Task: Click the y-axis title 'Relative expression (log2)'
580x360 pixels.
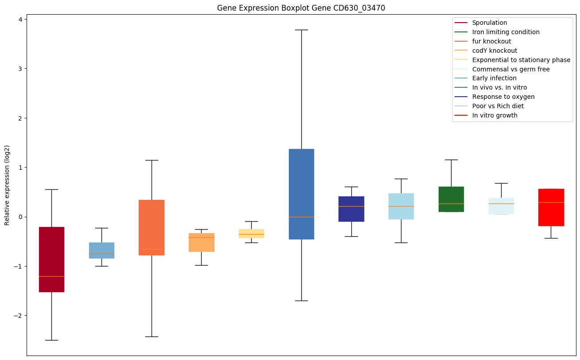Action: pyautogui.click(x=7, y=185)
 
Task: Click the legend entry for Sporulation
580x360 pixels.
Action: pyautogui.click(x=489, y=23)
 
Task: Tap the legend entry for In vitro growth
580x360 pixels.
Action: pyautogui.click(x=494, y=115)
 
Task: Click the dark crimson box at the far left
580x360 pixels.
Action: pyautogui.click(x=51, y=253)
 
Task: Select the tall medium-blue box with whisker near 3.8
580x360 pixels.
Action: pyautogui.click(x=301, y=186)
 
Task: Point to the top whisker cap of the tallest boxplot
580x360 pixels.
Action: pyautogui.click(x=301, y=30)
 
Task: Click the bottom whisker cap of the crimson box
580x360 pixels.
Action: pyautogui.click(x=51, y=340)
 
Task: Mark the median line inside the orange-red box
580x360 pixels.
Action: pyautogui.click(x=152, y=249)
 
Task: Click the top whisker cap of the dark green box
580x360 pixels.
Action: pyautogui.click(x=451, y=160)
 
